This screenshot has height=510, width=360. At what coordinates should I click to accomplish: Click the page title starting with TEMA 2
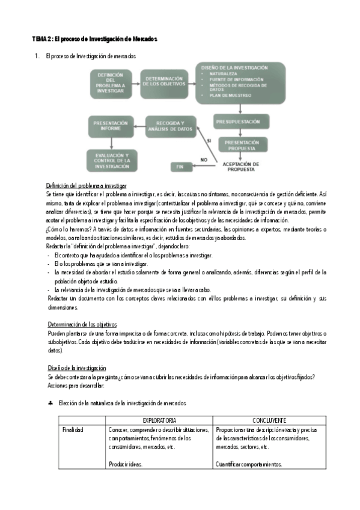pyautogui.click(x=95, y=38)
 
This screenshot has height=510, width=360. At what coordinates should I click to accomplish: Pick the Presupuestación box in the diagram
pyautogui.click(x=240, y=122)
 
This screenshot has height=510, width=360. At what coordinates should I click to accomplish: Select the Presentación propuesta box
pyautogui.click(x=240, y=144)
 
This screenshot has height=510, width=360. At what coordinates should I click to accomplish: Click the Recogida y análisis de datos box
pyautogui.click(x=171, y=126)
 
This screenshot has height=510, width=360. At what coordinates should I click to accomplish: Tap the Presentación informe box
pyautogui.click(x=110, y=126)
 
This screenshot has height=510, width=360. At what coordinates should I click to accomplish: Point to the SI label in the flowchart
pyautogui.click(x=209, y=140)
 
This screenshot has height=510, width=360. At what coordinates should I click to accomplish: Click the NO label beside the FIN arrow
pyautogui.click(x=204, y=159)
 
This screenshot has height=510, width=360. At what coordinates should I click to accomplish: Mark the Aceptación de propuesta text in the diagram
pyautogui.click(x=240, y=166)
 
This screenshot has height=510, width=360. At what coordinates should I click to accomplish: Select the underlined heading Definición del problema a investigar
pyautogui.click(x=86, y=186)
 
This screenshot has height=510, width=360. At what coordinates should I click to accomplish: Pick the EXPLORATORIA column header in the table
pyautogui.click(x=159, y=420)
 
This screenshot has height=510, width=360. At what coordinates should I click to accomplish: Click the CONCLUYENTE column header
pyautogui.click(x=269, y=420)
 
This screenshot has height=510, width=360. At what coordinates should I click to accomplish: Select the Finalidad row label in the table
pyautogui.click(x=73, y=430)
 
